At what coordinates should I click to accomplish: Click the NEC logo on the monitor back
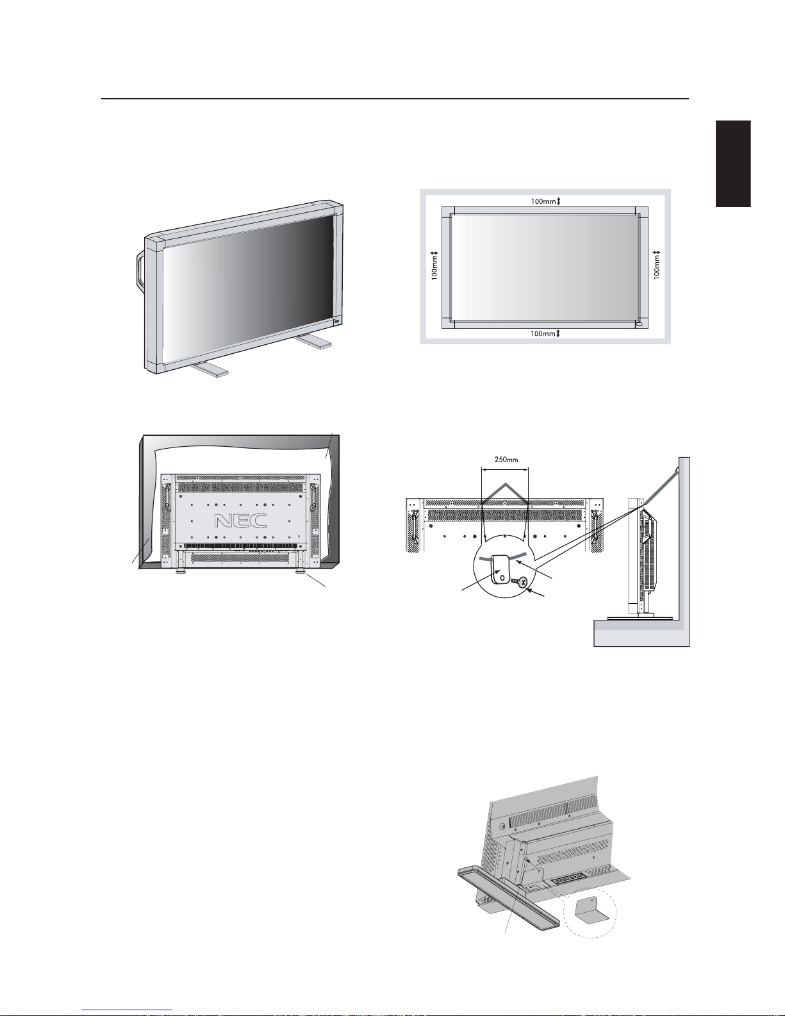[241, 520]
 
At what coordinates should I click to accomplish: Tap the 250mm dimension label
[506, 460]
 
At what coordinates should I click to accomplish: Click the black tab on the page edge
[733, 163]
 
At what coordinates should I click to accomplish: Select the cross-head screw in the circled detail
[519, 582]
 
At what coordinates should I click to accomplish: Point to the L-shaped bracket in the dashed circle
[591, 908]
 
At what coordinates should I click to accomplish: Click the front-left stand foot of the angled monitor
[209, 369]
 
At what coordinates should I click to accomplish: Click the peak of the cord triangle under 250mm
[506, 483]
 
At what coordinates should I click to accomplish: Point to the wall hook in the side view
[677, 469]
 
